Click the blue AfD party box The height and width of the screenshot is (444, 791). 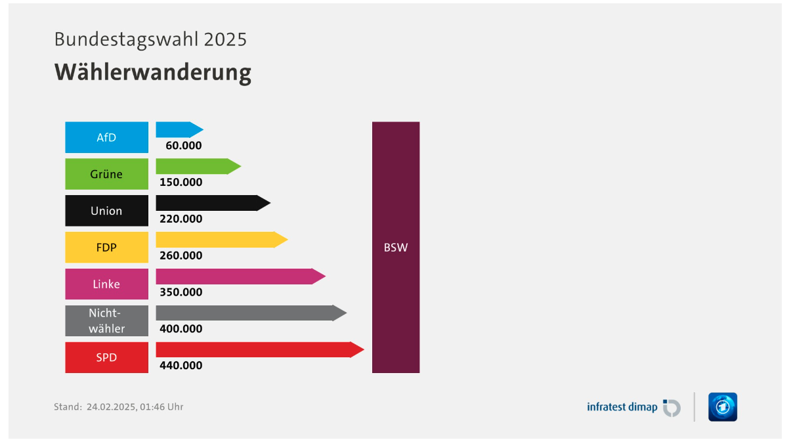click(106, 137)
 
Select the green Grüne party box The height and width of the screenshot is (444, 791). click(106, 174)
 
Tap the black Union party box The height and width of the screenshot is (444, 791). click(106, 211)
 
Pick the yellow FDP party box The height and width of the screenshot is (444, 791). click(106, 247)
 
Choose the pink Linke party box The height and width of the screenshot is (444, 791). click(106, 284)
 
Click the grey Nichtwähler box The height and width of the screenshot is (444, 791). click(106, 321)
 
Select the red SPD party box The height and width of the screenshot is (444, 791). click(106, 357)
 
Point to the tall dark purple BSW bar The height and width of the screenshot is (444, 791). click(396, 247)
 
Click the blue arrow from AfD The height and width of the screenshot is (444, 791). click(180, 129)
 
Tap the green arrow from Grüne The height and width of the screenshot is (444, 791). click(198, 166)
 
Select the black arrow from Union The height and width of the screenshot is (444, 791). click(213, 203)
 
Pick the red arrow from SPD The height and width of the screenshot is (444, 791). click(260, 349)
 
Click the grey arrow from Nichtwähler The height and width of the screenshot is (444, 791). click(251, 313)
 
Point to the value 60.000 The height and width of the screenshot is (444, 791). click(184, 146)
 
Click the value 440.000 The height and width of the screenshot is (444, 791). click(181, 365)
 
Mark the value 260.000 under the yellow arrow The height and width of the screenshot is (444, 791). click(181, 255)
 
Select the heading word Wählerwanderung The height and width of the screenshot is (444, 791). click(153, 72)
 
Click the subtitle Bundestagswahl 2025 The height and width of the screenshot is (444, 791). click(150, 39)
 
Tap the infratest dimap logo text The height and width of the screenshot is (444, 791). click(622, 407)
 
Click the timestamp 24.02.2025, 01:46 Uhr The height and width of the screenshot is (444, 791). click(135, 407)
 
